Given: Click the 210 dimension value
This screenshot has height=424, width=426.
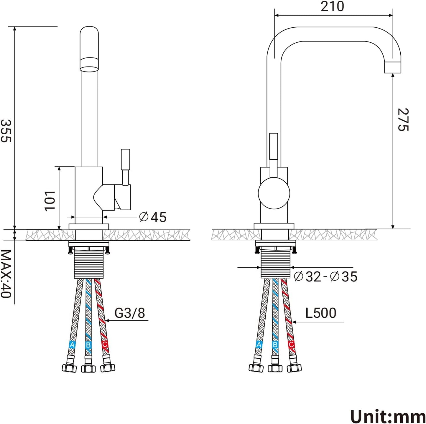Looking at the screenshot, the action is [x=332, y=6].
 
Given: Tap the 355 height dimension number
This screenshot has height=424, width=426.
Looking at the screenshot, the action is [x=6, y=131].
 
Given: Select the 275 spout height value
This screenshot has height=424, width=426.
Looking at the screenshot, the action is [x=403, y=120].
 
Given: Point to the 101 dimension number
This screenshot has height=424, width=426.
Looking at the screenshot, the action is [x=50, y=201].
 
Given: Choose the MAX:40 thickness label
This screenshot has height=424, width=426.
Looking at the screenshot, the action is [x=6, y=274].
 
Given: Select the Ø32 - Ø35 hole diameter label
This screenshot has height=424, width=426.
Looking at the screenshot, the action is [x=326, y=276].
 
